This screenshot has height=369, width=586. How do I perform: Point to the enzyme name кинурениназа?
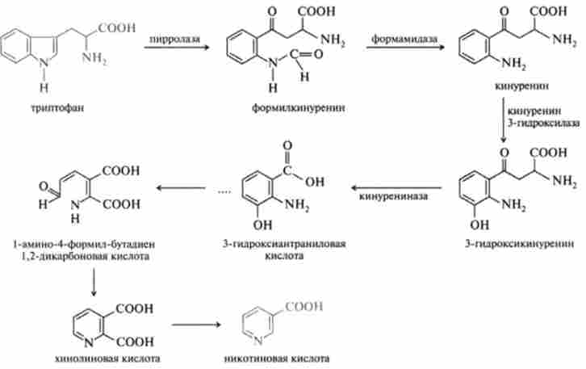[389, 195]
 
